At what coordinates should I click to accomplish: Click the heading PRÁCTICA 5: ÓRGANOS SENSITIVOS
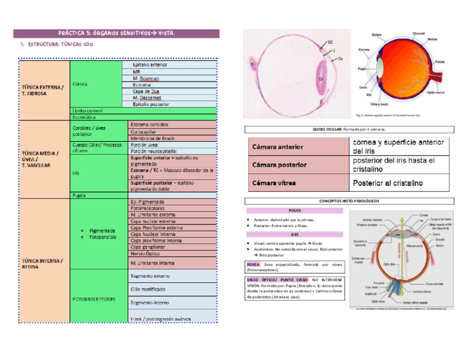116,34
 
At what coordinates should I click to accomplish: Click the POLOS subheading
294,210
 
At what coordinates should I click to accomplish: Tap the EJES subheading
295,234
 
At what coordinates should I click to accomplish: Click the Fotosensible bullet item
102,237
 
